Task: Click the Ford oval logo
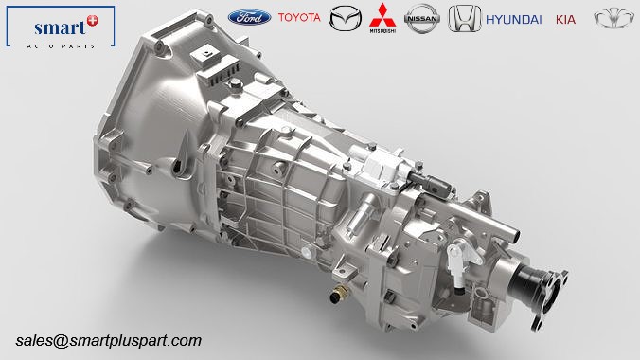tap(249, 18)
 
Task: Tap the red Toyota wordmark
tap(299, 17)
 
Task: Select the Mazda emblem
tap(346, 18)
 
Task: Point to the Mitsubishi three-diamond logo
tap(382, 18)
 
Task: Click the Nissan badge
tap(422, 18)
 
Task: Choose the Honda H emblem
tap(465, 18)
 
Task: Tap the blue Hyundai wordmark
tap(514, 20)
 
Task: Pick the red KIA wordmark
tap(566, 20)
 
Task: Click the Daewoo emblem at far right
tap(613, 19)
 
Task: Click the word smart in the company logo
tap(60, 28)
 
